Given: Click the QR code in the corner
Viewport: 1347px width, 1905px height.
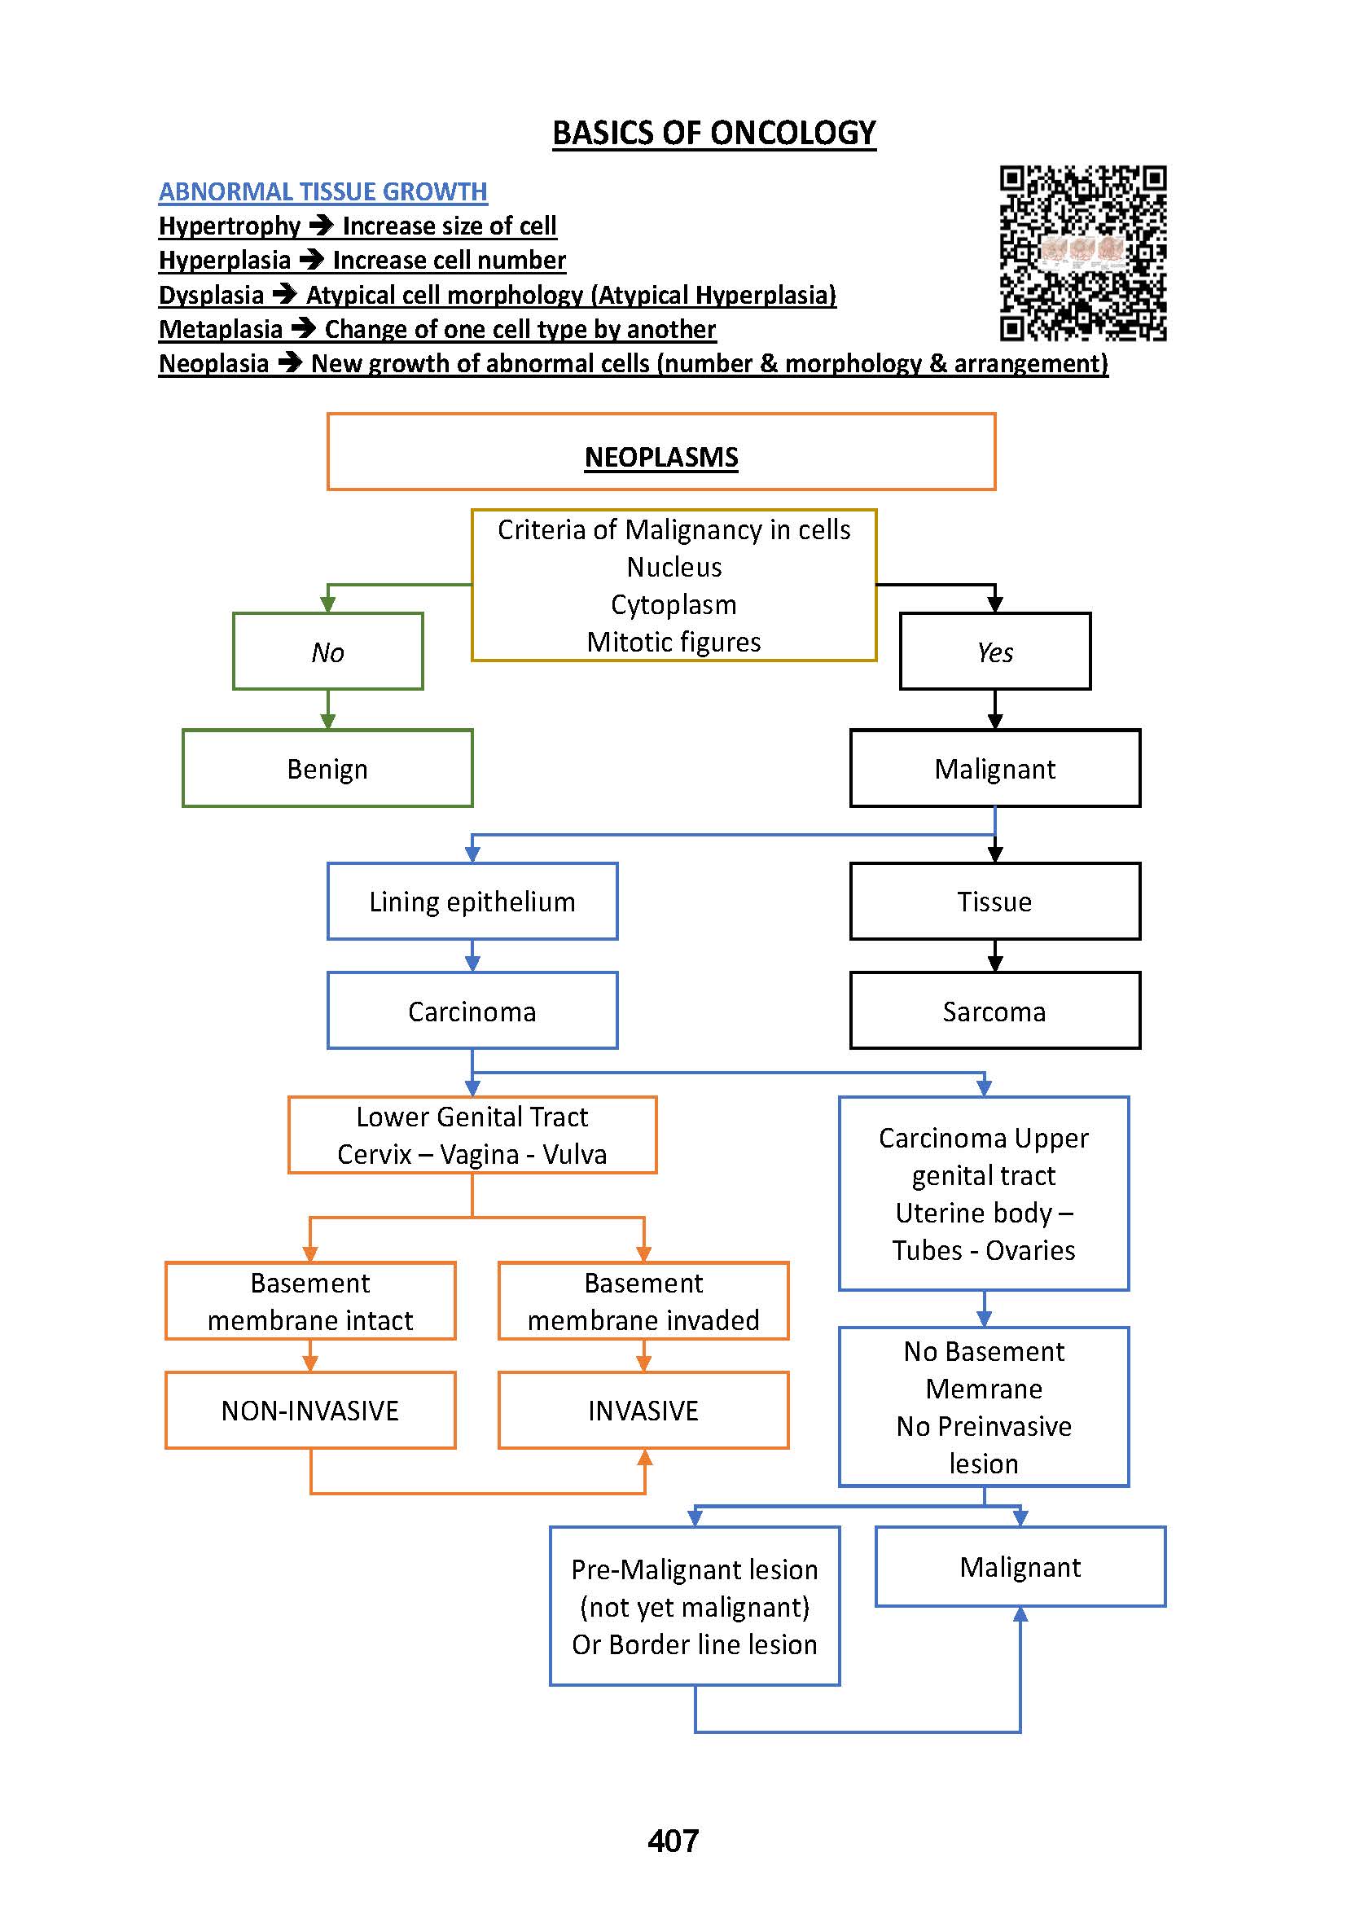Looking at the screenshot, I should [x=1082, y=253].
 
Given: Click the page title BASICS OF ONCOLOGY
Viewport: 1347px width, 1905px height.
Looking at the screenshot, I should [x=713, y=133].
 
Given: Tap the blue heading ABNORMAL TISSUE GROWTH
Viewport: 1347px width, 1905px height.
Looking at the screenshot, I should [x=322, y=191].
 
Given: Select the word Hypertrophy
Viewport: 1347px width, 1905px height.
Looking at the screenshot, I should [x=229, y=226].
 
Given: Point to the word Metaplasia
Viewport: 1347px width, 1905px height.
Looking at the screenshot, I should [x=221, y=329].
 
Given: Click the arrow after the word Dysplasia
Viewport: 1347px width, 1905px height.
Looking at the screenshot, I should [x=284, y=295].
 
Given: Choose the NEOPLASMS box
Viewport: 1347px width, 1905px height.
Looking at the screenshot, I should [x=661, y=452].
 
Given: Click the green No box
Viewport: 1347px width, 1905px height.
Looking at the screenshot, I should [x=327, y=652].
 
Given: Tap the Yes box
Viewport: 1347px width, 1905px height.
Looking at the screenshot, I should [x=994, y=652].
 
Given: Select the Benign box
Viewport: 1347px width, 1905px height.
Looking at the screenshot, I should [x=327, y=768].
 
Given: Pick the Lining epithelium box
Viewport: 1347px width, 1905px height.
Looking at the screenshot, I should [x=472, y=901].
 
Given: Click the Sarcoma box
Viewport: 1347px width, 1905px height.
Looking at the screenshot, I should [x=994, y=1011].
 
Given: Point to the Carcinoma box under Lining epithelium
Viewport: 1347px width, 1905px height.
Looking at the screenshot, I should [x=472, y=1011].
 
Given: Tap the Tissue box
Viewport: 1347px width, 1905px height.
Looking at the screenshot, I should [x=994, y=901].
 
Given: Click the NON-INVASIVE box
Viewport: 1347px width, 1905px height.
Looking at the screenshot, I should [x=310, y=1411].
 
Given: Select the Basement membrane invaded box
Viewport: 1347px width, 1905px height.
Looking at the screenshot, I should [x=643, y=1301].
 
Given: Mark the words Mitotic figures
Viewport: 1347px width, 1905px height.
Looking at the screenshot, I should [x=673, y=642].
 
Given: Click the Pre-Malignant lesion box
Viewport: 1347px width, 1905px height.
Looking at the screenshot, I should [x=694, y=1606].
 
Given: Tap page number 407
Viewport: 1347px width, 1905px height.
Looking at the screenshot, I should [x=673, y=1841].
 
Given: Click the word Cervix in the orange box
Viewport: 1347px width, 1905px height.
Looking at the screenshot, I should [x=374, y=1154].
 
